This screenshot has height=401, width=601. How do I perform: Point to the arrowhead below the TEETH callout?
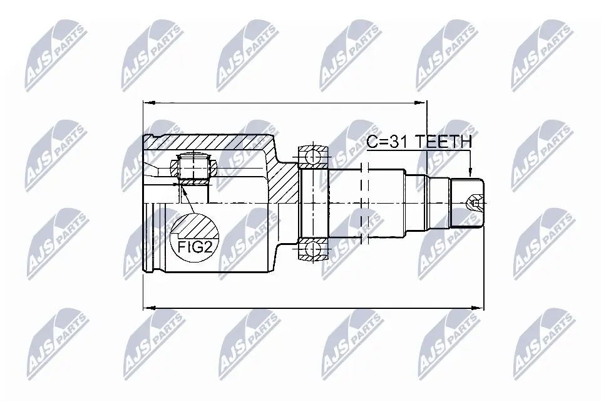(470, 173)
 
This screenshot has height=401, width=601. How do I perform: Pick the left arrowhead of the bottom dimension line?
(148, 308)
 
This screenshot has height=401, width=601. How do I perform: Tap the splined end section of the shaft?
(466, 204)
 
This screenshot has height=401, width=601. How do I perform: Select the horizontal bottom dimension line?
(313, 308)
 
